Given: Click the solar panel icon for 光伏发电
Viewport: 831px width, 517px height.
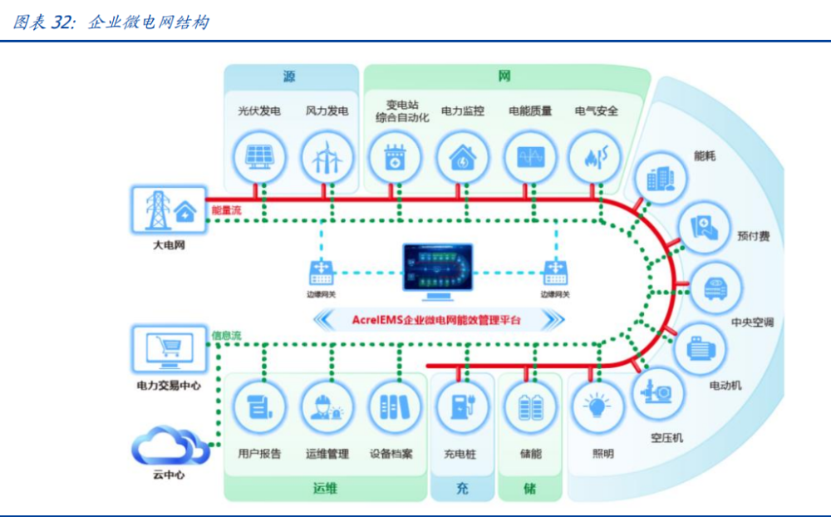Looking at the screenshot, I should tap(259, 156).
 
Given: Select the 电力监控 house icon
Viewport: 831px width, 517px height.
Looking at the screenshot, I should tap(462, 156).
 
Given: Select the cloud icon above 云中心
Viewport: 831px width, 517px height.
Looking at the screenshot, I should tap(172, 447).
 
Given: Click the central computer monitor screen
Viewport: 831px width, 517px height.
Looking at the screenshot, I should tap(437, 267).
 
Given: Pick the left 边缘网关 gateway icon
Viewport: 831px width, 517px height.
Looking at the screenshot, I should tap(322, 271).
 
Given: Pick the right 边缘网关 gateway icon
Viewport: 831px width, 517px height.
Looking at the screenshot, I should tap(554, 271).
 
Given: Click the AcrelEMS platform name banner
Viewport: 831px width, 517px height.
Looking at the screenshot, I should tap(437, 319).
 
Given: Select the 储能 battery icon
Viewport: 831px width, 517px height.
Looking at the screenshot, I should tap(529, 406).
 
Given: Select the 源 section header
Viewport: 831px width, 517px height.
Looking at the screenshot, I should tap(289, 76).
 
